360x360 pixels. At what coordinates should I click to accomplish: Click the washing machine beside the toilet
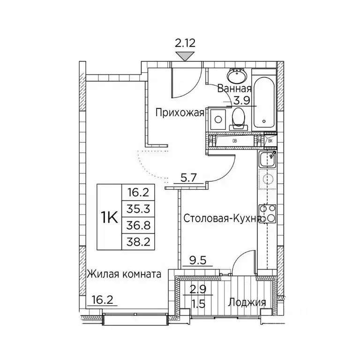point(217,120)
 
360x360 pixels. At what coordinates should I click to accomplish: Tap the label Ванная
point(234,89)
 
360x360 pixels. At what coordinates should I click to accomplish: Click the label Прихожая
point(180,112)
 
